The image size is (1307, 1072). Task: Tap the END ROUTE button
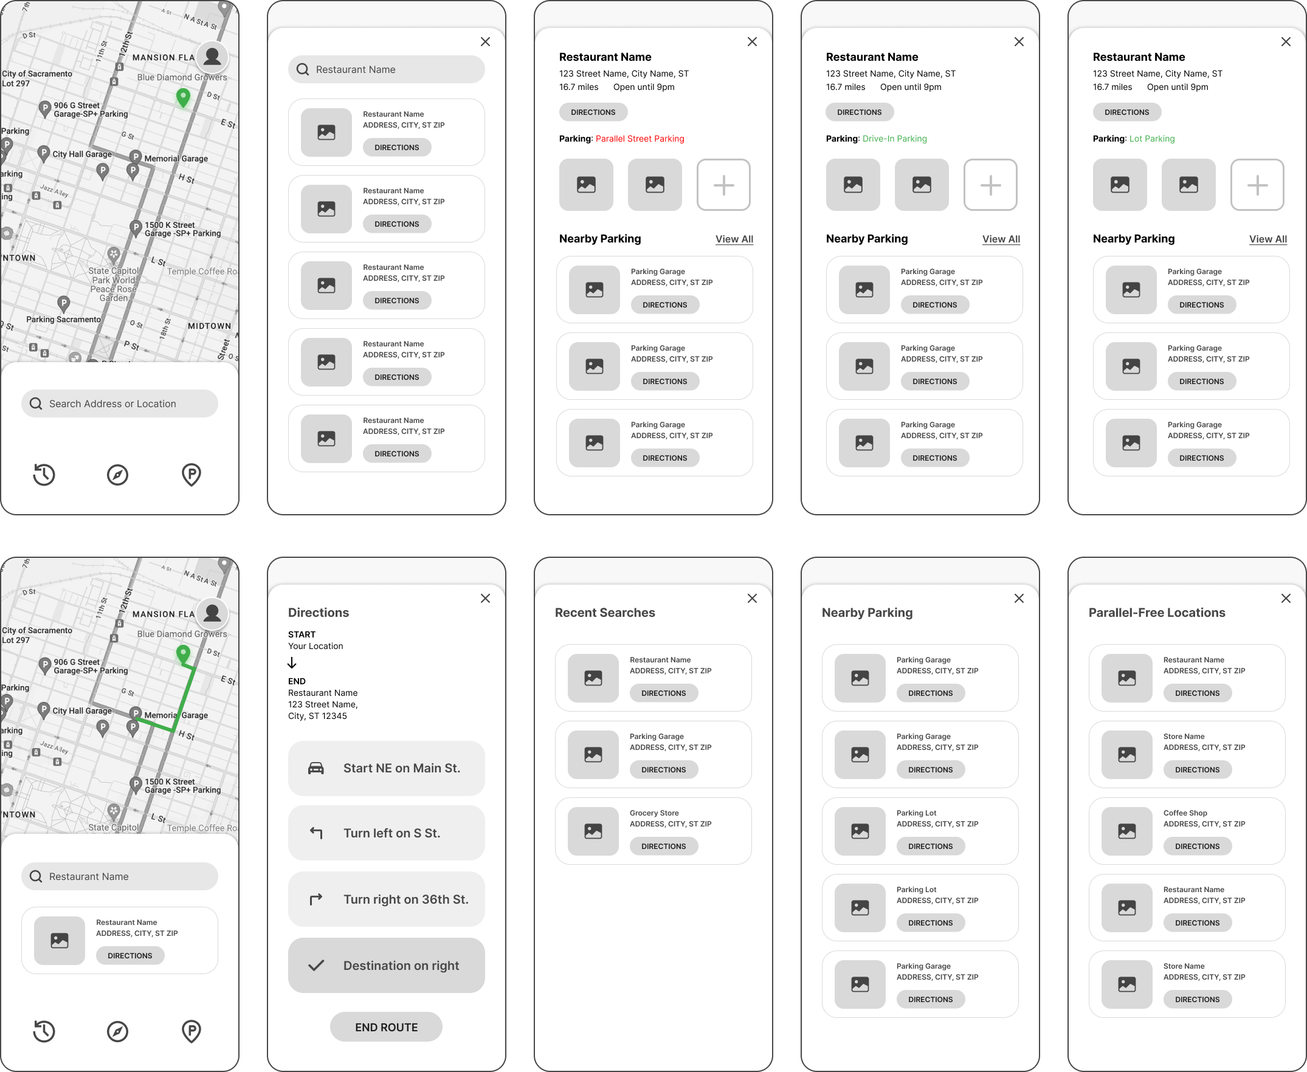pos(386,1027)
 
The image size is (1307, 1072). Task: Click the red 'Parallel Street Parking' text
pos(640,139)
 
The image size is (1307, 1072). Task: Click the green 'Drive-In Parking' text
pos(894,139)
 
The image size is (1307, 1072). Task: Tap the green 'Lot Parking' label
pos(1151,139)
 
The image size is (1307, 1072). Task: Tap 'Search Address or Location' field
pos(120,404)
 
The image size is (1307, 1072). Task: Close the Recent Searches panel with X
pos(752,599)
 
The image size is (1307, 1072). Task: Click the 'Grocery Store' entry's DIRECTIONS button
pos(663,846)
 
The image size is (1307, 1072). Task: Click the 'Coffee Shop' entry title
pos(1185,813)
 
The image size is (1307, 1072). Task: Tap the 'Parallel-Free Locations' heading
pos(1156,613)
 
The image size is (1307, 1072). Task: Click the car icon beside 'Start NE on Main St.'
pos(316,768)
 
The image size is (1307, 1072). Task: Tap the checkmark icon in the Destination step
pos(316,965)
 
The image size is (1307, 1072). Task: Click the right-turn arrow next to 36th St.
pos(316,899)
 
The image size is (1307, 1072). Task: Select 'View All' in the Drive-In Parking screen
pos(1001,239)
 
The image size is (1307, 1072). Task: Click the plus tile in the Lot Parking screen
pos(1257,185)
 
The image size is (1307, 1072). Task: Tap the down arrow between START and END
pos(292,663)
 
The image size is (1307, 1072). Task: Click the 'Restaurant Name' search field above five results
pos(386,70)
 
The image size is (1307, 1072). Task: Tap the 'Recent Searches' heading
pos(605,613)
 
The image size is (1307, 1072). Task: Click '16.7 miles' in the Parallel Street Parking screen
pos(579,87)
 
